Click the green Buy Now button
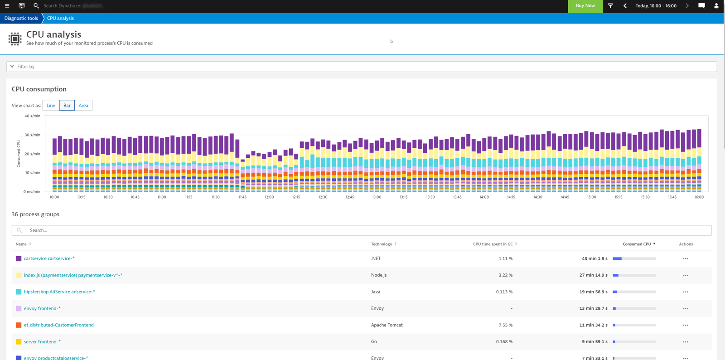tap(585, 6)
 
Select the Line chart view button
tap(51, 106)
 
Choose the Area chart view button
tap(83, 106)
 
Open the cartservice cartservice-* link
tap(49, 258)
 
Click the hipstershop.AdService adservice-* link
tap(59, 292)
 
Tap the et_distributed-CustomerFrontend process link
tap(58, 325)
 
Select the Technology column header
tap(382, 244)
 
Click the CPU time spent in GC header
tap(493, 244)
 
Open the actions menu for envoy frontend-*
tap(685, 309)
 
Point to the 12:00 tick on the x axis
tap(269, 197)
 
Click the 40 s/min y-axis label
tap(32, 116)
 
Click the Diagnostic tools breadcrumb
tap(21, 18)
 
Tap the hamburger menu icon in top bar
tap(7, 6)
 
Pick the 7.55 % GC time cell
tap(505, 325)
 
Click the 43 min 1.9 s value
tap(594, 258)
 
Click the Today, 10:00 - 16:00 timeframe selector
tap(656, 6)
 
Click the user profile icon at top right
tap(716, 6)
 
